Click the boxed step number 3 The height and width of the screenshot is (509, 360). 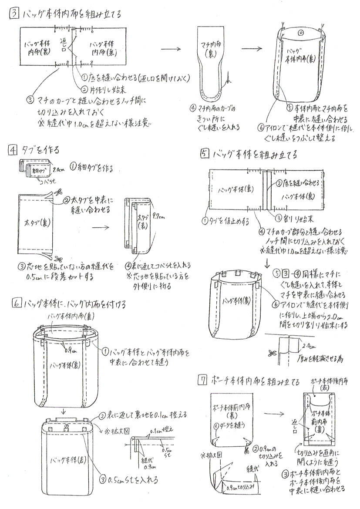click(13, 14)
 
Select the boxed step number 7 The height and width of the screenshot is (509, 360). click(202, 381)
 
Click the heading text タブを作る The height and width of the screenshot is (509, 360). click(41, 150)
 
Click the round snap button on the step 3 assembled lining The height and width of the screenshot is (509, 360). click(301, 33)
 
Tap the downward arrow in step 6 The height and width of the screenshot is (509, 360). click(63, 411)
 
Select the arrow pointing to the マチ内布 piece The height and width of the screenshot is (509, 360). click(174, 48)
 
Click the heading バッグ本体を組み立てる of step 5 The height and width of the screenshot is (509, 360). click(255, 154)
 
